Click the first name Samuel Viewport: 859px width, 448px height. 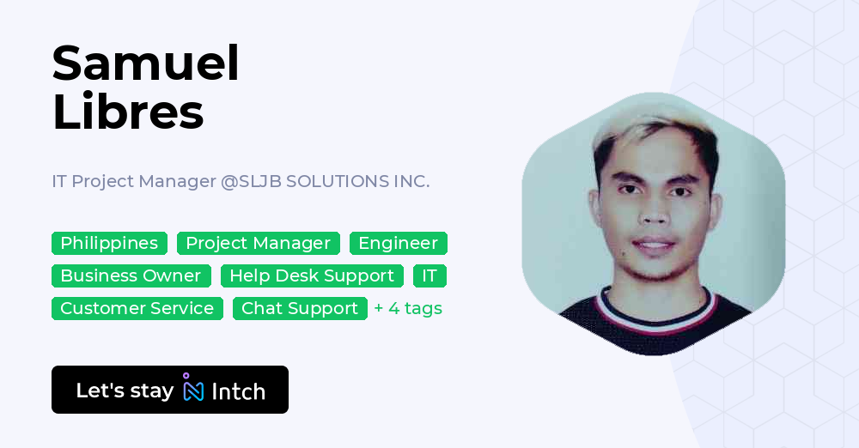click(145, 63)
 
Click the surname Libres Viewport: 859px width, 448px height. click(128, 112)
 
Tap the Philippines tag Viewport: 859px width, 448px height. click(109, 244)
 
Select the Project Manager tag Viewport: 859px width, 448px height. click(258, 244)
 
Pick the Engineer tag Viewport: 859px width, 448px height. click(398, 244)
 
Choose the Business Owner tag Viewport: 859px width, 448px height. click(131, 276)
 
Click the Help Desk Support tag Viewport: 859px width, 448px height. click(312, 276)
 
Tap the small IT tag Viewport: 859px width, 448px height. click(429, 276)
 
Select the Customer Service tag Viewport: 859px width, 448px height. click(137, 309)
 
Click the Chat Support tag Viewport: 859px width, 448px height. click(300, 309)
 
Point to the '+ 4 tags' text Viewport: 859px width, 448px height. click(408, 309)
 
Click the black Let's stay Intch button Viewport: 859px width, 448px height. click(170, 390)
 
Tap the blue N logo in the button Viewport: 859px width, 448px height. click(193, 390)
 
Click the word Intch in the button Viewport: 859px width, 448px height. click(238, 391)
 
